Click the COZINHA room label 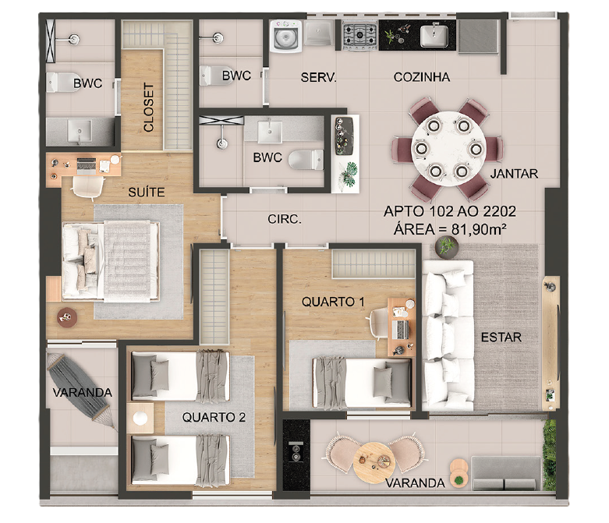pos(422,77)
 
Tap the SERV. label pos(318,77)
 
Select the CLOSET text pos(148,107)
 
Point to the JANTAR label pos(514,174)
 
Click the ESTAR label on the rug pos(501,337)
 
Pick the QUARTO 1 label pos(333,302)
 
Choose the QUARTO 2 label pos(214,418)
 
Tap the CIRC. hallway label pos(285,219)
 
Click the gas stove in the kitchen pos(359,36)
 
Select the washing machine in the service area pos(286,36)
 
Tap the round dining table pos(448,148)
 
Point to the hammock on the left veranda pos(82,391)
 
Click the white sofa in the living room pos(448,336)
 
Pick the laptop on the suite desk pos(87,166)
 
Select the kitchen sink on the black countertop pos(434,35)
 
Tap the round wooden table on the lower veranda pos(374,463)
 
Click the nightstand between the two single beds pos(140,419)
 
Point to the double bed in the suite pos(111,261)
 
